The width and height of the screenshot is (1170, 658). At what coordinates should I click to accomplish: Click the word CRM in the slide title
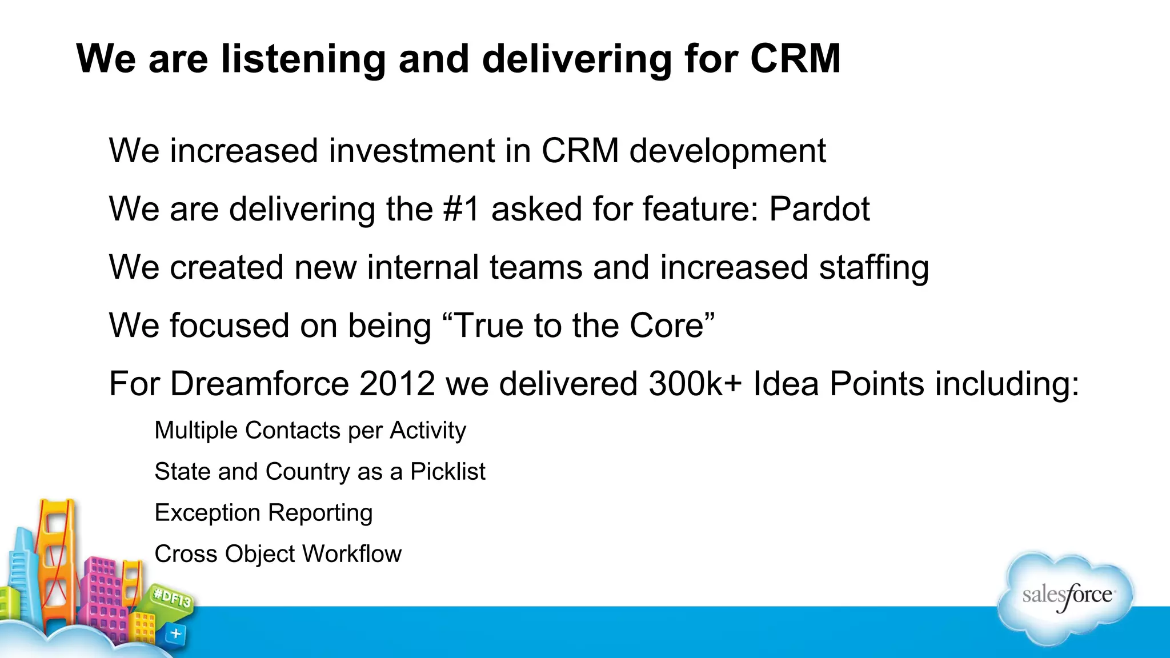(795, 59)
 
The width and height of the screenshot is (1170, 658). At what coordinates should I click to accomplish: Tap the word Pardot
(819, 209)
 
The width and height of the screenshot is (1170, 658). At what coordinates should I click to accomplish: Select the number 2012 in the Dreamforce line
(397, 383)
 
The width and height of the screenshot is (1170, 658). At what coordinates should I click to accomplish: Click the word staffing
(874, 268)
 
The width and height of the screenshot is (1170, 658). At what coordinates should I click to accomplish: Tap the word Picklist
(447, 472)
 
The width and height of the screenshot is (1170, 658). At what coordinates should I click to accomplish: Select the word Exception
(207, 513)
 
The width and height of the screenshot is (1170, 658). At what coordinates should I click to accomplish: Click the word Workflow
(352, 554)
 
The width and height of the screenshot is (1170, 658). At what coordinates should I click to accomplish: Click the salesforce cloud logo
(1066, 597)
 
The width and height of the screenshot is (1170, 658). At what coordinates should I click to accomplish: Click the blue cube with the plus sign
(175, 634)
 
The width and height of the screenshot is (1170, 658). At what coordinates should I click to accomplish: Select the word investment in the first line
(411, 151)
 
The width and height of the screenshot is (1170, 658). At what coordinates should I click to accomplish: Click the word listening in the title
(303, 59)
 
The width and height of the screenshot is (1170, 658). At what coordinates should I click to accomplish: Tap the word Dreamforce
(259, 383)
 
